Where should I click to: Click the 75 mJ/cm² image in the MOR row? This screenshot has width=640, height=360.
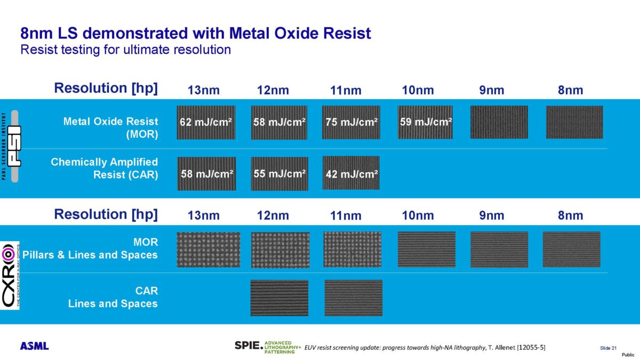point(351,122)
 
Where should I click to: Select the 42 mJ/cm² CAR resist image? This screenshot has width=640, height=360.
point(351,173)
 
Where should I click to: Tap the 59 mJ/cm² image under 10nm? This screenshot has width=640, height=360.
point(425,122)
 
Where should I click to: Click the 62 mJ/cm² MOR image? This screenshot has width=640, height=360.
point(205,122)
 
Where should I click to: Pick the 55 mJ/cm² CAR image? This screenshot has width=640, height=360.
point(279,173)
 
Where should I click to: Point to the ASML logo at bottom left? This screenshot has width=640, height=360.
point(35,346)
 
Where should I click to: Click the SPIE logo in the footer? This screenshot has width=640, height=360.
point(249,346)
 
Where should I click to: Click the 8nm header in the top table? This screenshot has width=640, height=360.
point(570,90)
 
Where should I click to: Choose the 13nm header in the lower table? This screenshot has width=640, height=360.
point(204,215)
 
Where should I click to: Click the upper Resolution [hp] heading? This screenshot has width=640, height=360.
point(106,88)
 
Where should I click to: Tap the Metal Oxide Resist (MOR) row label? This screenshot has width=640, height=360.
point(110,128)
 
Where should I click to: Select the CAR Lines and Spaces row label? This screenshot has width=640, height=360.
point(113,297)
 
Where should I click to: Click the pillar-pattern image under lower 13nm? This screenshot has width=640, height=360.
point(209,250)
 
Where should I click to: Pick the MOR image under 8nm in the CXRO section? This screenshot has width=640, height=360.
point(571,249)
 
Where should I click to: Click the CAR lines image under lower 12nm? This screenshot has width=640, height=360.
point(279,298)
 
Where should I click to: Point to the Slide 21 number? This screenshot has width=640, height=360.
point(608,348)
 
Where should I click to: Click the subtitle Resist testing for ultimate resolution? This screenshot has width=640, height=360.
point(125,50)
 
